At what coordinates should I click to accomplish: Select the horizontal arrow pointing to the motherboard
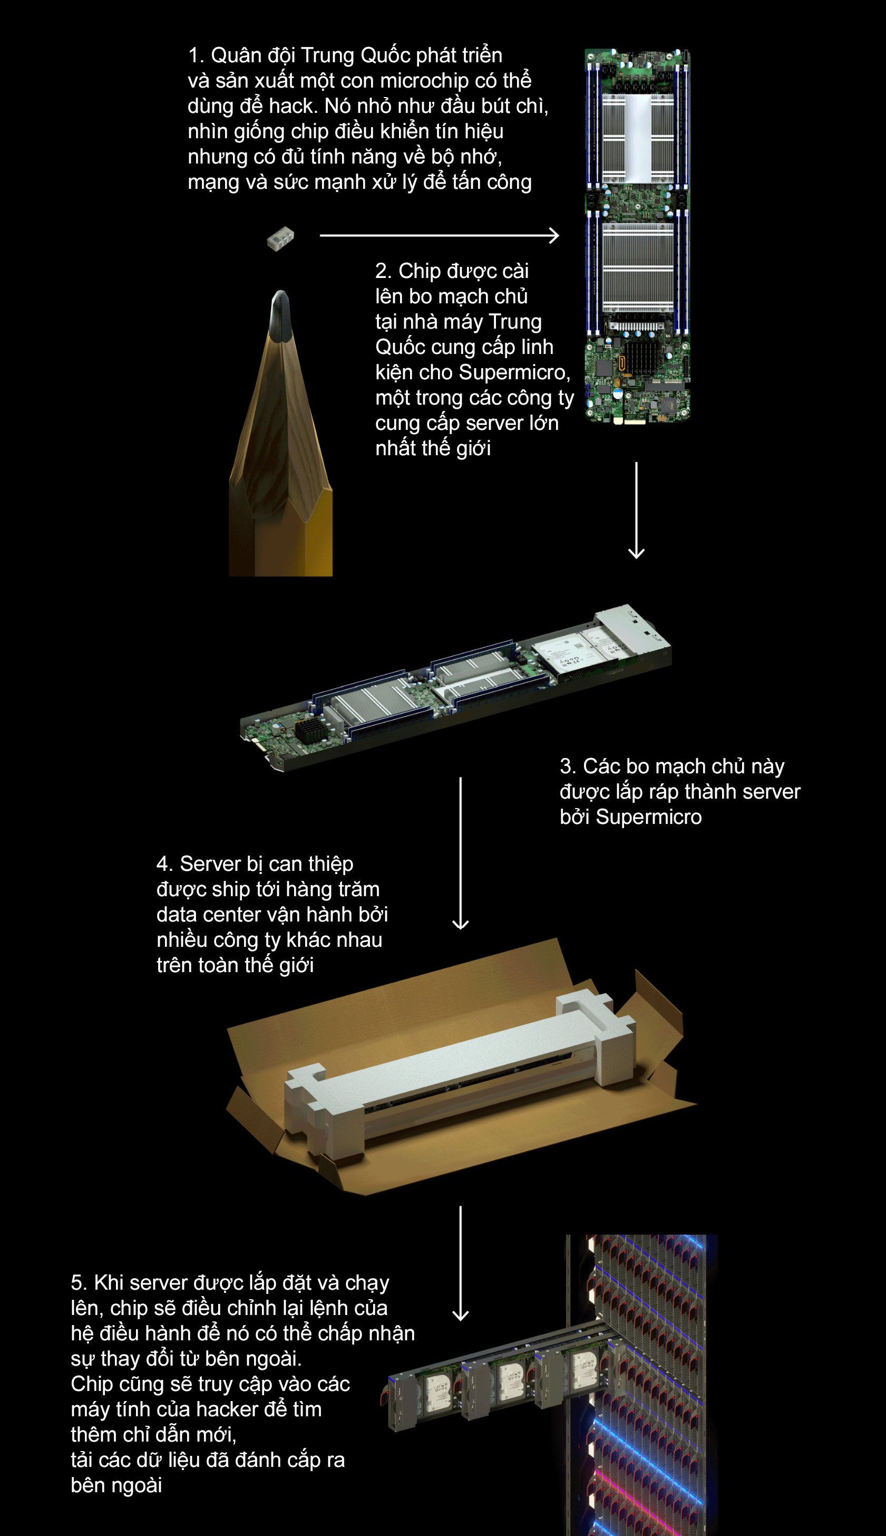point(440,235)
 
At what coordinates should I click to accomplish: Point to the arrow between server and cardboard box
point(461,852)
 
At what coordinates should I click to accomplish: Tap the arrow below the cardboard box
point(461,1263)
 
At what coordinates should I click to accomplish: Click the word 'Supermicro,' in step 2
point(515,372)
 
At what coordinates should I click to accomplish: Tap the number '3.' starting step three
point(568,766)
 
